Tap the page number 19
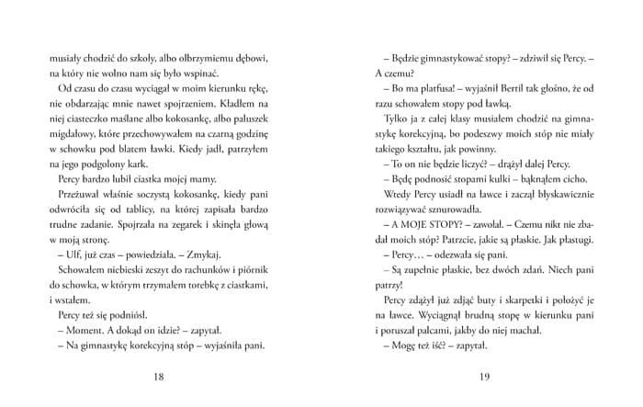click(485, 376)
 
